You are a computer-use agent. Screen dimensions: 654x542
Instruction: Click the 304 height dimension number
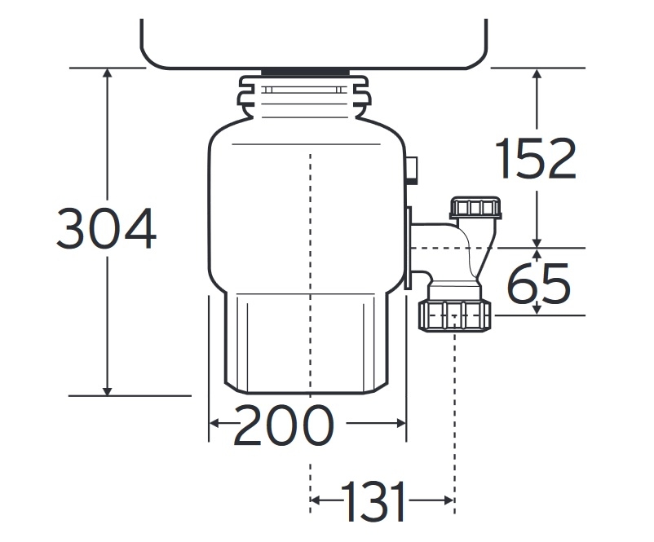click(106, 228)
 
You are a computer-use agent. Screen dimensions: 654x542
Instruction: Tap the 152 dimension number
click(536, 158)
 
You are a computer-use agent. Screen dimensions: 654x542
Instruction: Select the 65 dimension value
click(538, 283)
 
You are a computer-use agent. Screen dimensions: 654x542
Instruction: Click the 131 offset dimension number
click(373, 500)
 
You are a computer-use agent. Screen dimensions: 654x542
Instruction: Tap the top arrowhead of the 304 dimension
click(108, 73)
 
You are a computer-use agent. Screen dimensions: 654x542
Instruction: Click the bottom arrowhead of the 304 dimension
click(108, 390)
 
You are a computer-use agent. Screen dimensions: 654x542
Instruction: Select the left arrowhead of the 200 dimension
click(214, 424)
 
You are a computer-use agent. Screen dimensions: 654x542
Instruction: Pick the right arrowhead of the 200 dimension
click(400, 424)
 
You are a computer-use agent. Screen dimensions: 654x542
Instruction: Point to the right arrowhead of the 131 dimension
click(449, 500)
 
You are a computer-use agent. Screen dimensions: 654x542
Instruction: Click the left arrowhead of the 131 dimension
click(316, 500)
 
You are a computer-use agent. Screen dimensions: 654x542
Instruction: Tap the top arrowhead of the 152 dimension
click(537, 73)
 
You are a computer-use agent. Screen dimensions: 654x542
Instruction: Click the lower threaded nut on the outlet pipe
click(455, 315)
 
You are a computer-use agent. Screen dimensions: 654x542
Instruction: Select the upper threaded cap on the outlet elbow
click(475, 208)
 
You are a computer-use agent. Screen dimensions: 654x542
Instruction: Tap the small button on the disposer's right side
click(412, 170)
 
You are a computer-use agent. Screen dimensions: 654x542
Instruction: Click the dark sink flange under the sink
click(306, 72)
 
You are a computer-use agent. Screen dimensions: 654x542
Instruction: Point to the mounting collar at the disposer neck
click(303, 96)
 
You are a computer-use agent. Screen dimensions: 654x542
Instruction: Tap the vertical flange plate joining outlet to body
click(409, 247)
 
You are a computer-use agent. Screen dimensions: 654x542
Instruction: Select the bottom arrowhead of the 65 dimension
click(537, 311)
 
